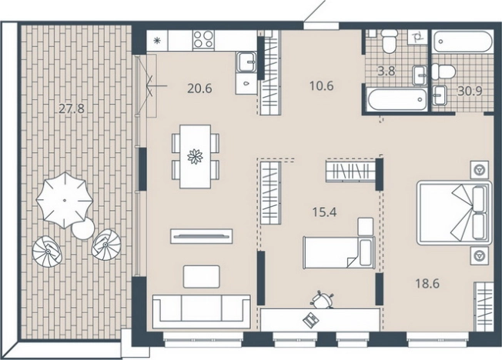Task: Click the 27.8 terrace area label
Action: point(72,108)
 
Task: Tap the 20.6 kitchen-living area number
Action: point(199,88)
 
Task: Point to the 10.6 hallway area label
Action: point(321,85)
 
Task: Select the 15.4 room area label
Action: point(324,212)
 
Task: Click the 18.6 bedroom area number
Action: point(427,283)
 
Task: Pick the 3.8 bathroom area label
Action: point(387,71)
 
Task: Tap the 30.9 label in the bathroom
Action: point(470,92)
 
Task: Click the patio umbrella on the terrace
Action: point(65,200)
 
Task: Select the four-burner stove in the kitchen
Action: point(203,40)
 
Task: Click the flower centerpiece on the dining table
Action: point(195,156)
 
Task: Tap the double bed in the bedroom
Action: point(454,213)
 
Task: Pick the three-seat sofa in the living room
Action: point(202,312)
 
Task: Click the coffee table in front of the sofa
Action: point(202,276)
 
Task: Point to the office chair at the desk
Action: point(322,300)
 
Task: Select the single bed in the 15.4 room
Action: point(339,252)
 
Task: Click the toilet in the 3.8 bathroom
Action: point(390,41)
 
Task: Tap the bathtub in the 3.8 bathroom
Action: point(396,99)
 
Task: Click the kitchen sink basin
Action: point(246,62)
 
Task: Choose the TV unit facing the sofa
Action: point(202,236)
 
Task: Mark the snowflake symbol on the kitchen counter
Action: point(157,40)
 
